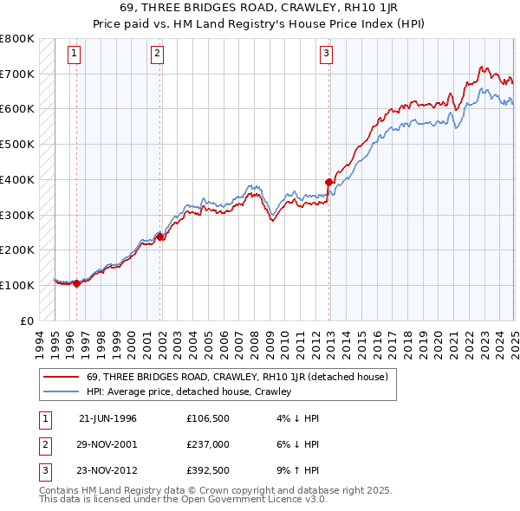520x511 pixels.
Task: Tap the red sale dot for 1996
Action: [76, 282]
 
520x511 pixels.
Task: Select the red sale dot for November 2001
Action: [160, 236]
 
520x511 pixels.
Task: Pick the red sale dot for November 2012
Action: [329, 182]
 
